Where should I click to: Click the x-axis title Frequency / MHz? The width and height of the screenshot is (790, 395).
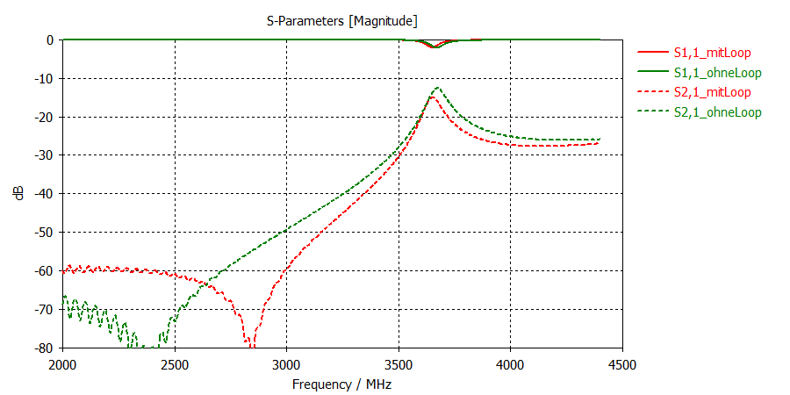(342, 384)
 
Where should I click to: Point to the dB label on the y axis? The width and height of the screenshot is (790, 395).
(19, 194)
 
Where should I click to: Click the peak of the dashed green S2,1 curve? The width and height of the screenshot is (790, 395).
(437, 88)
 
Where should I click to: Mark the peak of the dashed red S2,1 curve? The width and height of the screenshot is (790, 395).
(433, 97)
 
